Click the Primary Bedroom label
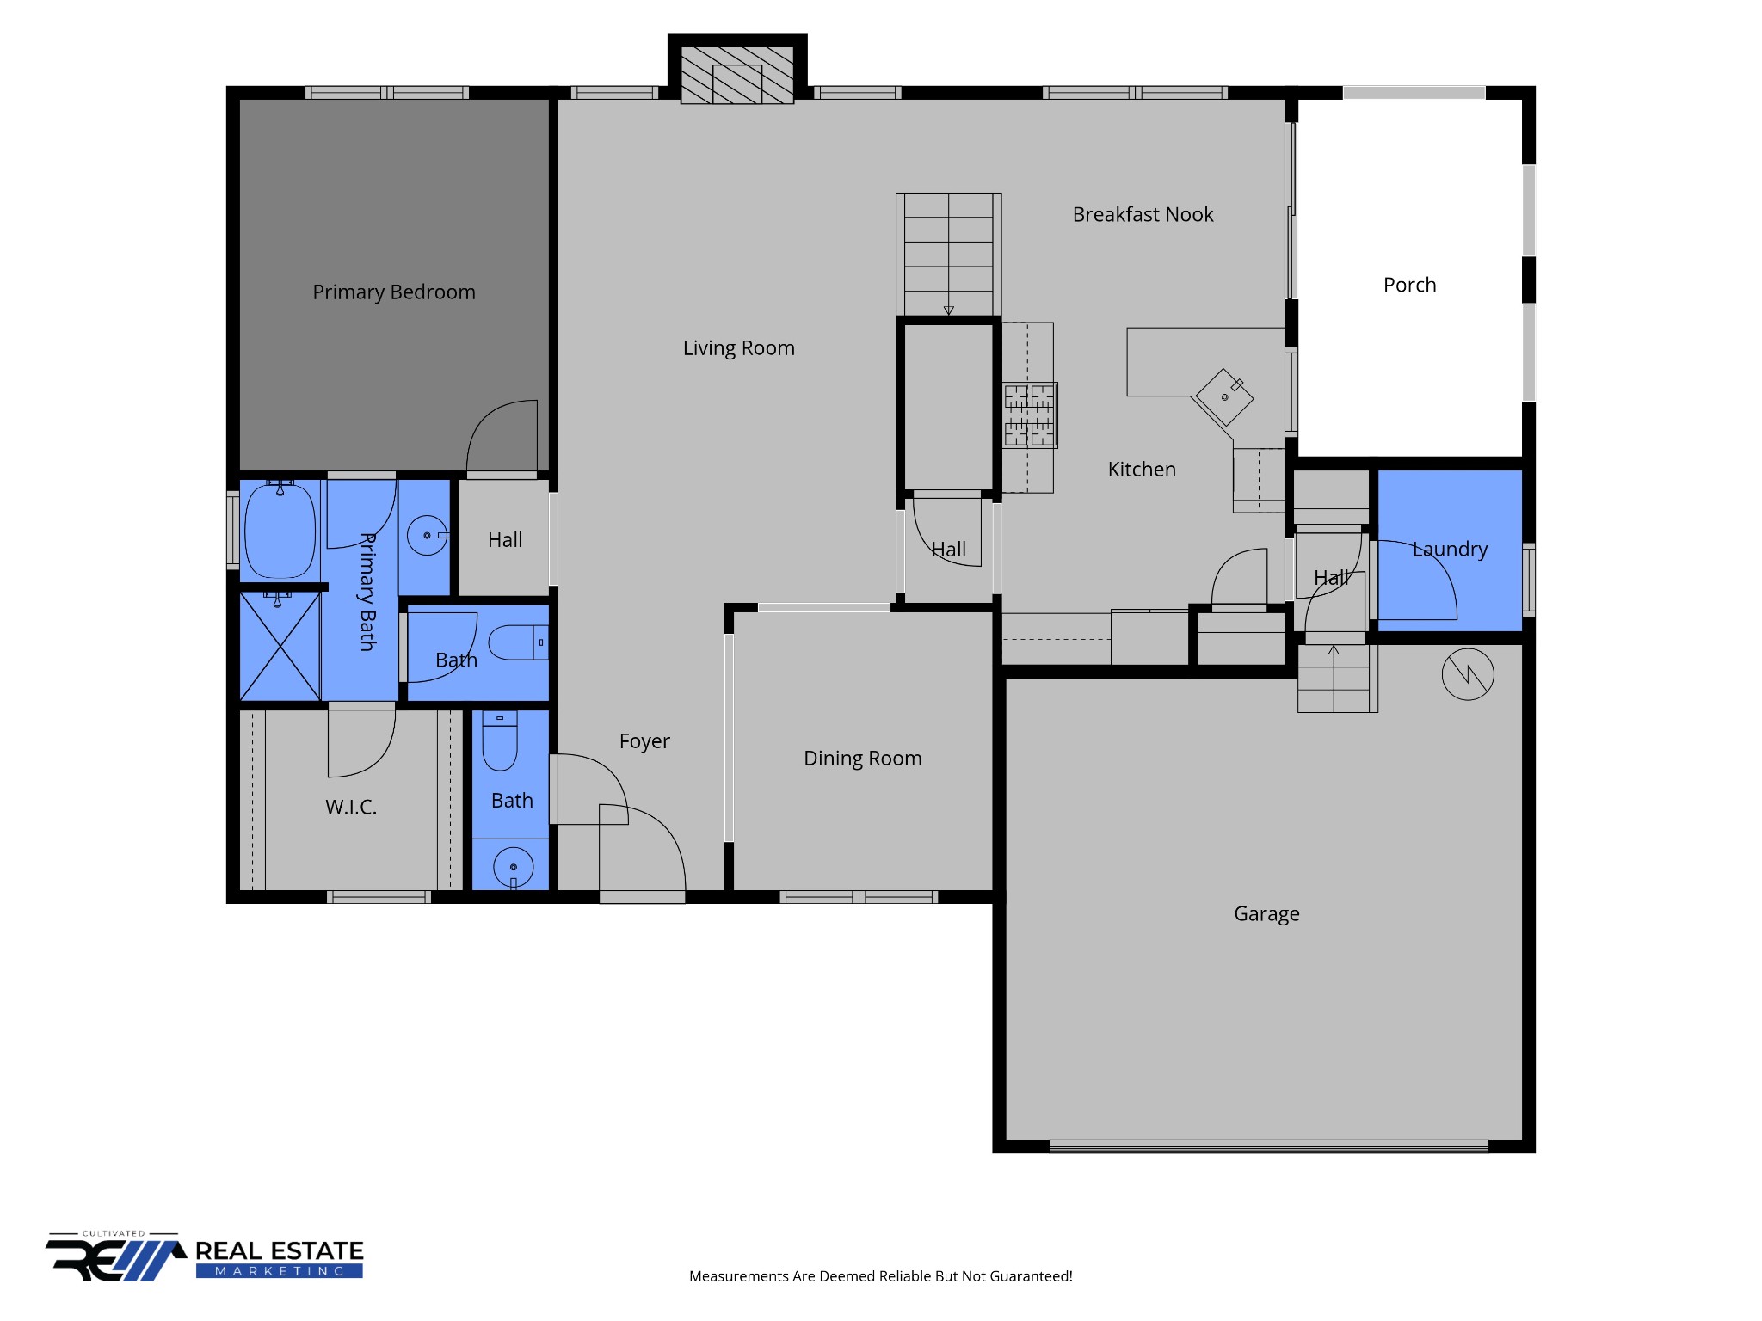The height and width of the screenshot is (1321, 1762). click(x=394, y=292)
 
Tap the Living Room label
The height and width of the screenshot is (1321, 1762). click(x=739, y=348)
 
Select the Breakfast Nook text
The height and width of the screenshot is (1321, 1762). click(x=1143, y=214)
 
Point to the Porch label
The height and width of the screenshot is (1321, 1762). click(x=1409, y=285)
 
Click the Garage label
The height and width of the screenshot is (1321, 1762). click(x=1266, y=914)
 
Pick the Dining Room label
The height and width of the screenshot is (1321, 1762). click(x=862, y=759)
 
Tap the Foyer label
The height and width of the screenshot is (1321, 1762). click(x=644, y=741)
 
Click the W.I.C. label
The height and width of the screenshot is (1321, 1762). click(x=351, y=808)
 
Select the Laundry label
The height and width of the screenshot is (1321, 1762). click(x=1450, y=550)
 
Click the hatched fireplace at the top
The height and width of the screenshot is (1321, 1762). click(x=737, y=75)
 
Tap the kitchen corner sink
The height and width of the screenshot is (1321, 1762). click(x=1224, y=396)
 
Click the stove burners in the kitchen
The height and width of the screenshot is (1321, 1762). click(x=1030, y=415)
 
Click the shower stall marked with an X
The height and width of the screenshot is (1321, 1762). click(x=280, y=646)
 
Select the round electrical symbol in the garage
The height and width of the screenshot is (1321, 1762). click(x=1468, y=674)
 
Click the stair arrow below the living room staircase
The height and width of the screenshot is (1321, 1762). click(x=948, y=310)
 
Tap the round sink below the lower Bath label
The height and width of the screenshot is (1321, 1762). click(x=514, y=867)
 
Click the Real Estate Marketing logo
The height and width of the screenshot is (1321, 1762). click(x=205, y=1259)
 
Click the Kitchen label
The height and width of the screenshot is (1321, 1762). click(x=1142, y=470)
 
